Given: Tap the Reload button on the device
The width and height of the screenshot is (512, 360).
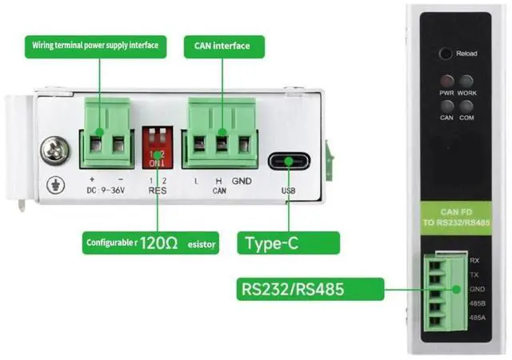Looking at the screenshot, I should click(445, 54).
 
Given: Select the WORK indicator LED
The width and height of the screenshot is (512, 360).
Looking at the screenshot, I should click(466, 82).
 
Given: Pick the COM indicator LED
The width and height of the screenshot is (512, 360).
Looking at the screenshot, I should click(466, 105).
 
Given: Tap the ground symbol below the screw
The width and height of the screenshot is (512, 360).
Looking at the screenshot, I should click(55, 182).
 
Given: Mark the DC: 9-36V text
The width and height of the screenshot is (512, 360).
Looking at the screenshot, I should click(108, 192).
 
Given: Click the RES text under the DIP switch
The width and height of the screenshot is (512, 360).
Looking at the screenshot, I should click(156, 193).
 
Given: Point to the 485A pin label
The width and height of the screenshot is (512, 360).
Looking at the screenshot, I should click(474, 318).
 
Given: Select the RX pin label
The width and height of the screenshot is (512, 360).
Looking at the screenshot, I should click(474, 261).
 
